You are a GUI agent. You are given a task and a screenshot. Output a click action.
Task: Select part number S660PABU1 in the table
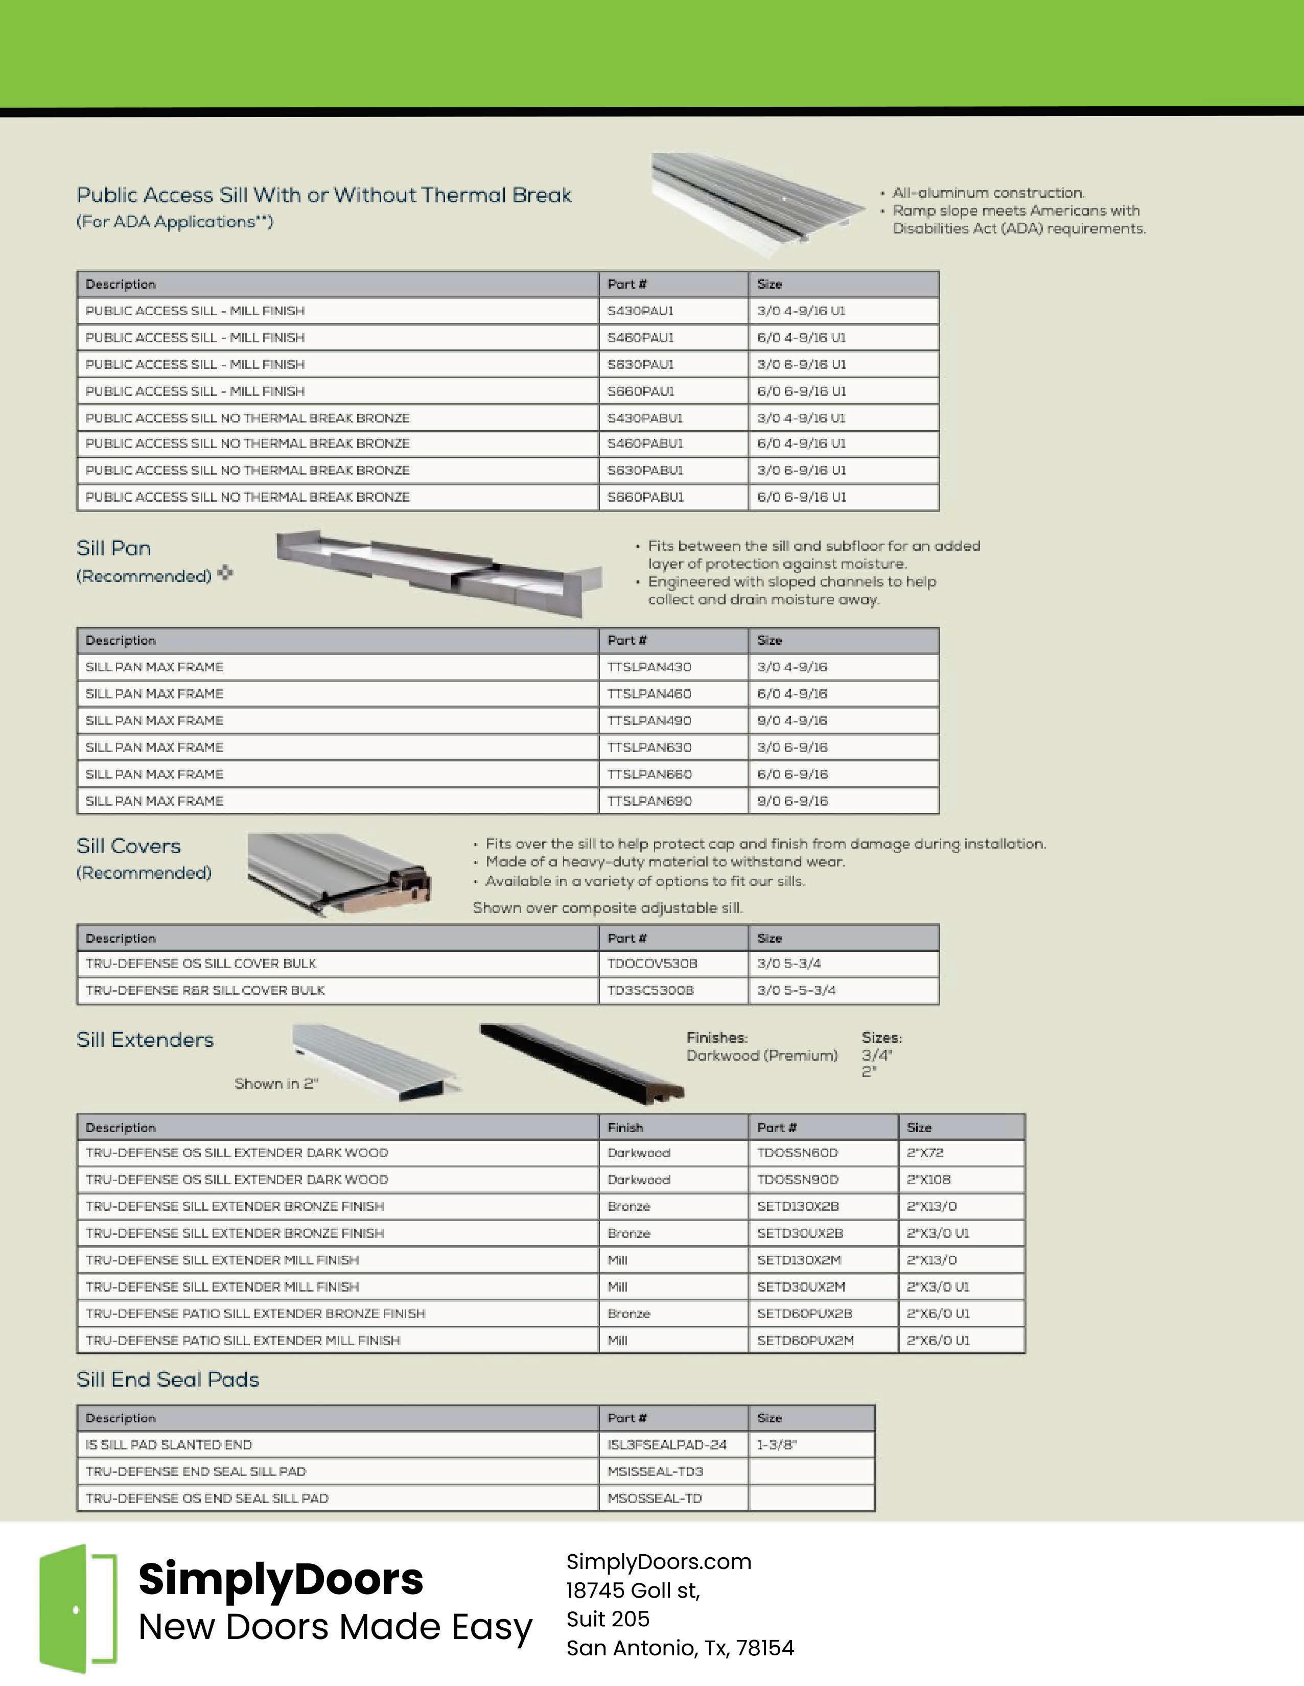(x=645, y=497)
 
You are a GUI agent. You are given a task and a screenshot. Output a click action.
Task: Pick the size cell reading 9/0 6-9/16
(x=792, y=801)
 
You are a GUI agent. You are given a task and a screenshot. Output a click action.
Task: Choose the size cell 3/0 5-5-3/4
(x=796, y=991)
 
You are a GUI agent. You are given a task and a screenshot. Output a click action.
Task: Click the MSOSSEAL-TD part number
(x=654, y=1498)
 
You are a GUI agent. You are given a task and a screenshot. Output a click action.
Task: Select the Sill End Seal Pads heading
(x=168, y=1379)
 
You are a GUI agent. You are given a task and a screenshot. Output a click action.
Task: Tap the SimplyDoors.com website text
(x=659, y=1562)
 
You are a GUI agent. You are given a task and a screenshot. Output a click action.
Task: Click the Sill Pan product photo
(x=438, y=571)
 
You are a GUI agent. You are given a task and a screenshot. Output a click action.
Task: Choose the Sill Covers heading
(x=128, y=846)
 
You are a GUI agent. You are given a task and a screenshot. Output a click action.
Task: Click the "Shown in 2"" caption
(x=276, y=1084)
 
